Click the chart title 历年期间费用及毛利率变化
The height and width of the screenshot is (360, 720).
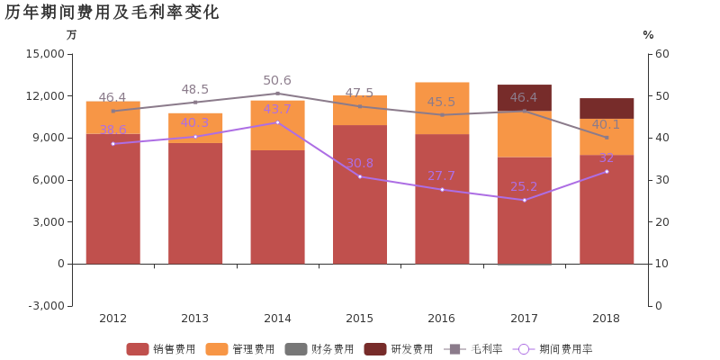tap(112, 13)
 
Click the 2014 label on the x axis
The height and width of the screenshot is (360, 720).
tap(277, 318)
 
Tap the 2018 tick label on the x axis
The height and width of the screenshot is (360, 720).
tap(607, 318)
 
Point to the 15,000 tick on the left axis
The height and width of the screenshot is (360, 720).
tap(46, 54)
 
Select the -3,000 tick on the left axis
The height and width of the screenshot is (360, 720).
tap(46, 306)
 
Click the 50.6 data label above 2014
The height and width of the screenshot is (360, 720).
tap(277, 81)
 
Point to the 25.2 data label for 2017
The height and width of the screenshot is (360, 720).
tap(524, 187)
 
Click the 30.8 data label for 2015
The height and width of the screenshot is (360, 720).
tap(359, 164)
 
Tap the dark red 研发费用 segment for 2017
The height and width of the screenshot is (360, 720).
tap(524, 97)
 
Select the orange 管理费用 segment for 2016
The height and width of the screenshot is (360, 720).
tap(442, 108)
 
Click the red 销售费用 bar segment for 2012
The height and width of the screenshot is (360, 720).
tap(112, 198)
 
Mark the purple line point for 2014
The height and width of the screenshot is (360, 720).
tap(277, 122)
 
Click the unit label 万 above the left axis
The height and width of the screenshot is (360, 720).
tap(72, 35)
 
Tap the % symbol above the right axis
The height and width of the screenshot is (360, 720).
tap(648, 35)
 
